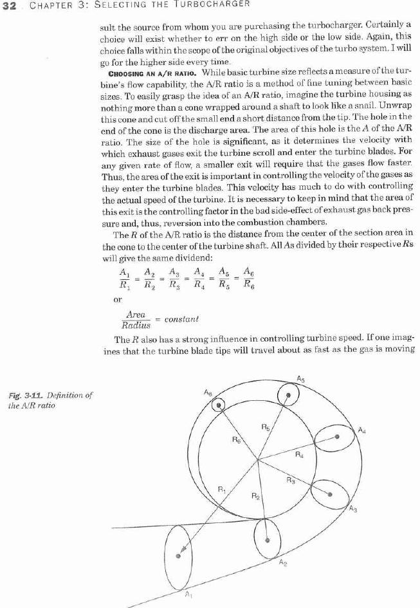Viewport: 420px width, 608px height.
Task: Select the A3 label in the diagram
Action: coord(352,510)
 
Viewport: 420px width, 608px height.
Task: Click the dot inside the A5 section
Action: coord(289,395)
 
